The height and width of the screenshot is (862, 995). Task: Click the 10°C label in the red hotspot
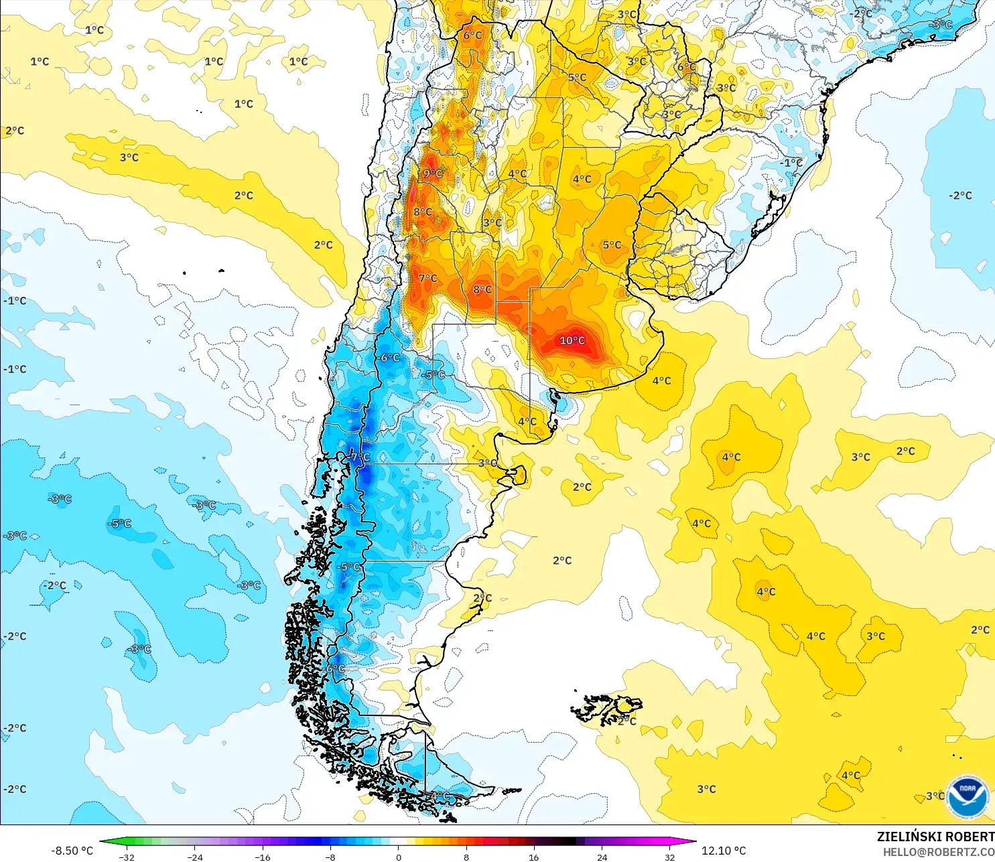tap(572, 340)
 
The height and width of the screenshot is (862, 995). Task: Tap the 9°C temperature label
tap(433, 173)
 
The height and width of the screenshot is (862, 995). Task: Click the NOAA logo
tap(968, 796)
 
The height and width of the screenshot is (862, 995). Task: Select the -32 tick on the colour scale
tap(127, 857)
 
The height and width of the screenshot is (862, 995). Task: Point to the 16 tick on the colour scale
tap(534, 857)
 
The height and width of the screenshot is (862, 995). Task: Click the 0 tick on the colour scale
tap(399, 857)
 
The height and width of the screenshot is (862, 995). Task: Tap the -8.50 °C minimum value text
tap(72, 851)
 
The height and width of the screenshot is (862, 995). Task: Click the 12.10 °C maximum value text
tap(724, 851)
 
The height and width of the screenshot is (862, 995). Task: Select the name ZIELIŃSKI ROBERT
tap(935, 837)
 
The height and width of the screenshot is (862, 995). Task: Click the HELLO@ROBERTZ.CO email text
tap(938, 852)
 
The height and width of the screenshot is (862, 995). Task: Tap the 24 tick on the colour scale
tap(602, 857)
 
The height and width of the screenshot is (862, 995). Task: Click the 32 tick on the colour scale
tap(670, 857)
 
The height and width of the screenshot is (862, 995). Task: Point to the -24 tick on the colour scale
tap(195, 857)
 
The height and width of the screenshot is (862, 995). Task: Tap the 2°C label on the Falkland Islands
tap(626, 721)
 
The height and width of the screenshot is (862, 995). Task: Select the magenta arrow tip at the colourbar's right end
tap(691, 841)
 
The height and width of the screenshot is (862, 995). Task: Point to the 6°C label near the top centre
tap(472, 35)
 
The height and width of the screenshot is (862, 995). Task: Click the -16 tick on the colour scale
tap(263, 857)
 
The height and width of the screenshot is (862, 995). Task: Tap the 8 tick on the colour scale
tap(466, 857)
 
